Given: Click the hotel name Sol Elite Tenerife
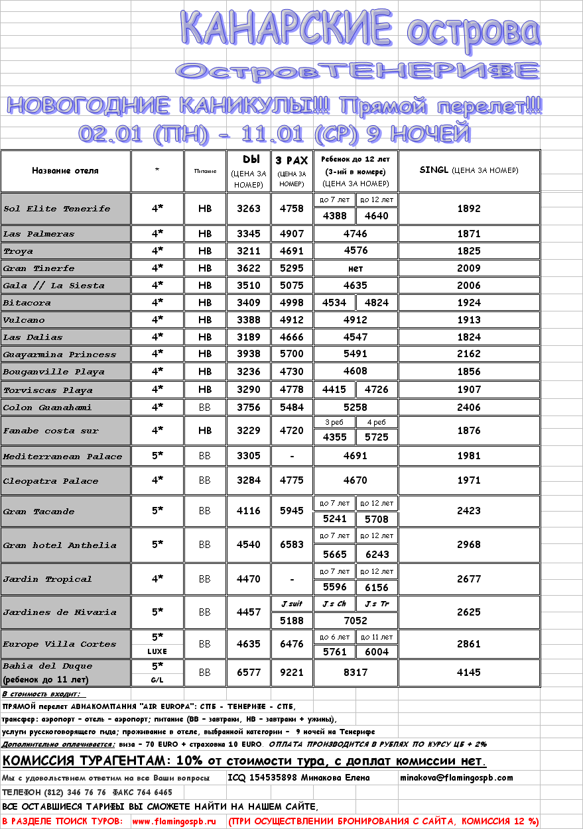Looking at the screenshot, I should [57, 209].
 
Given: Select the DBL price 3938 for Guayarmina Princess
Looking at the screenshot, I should [249, 355].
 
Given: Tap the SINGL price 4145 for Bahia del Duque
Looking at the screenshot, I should [469, 673].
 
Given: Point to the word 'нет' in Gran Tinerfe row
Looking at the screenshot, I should [356, 268].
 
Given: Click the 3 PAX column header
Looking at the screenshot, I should [292, 160].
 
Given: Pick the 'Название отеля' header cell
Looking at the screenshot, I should [65, 171].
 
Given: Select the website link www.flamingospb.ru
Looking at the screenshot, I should [174, 821].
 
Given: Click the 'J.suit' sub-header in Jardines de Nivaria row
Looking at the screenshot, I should [292, 604].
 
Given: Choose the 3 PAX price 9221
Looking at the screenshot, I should [292, 673].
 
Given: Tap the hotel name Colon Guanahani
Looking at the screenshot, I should [48, 408].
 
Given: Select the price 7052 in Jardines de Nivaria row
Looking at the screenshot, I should [356, 620].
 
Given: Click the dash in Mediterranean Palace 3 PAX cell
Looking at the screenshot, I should [292, 456].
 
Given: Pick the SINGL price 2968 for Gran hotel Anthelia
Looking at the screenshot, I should [469, 545].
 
